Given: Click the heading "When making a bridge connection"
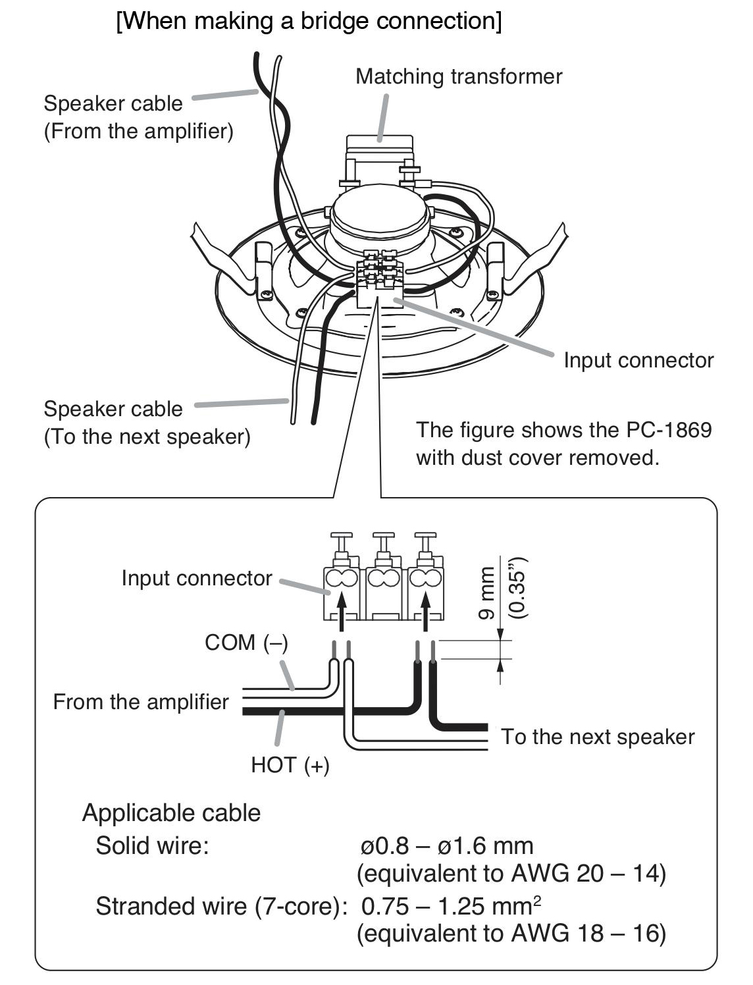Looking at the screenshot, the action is pos(309,21).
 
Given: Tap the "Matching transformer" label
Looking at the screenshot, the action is pos(458,76).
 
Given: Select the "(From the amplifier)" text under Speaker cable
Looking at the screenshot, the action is pos(139,132).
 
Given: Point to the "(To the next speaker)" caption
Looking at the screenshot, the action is pos(147,437).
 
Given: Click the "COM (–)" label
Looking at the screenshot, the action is pos(246,643).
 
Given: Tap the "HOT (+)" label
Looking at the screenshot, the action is pos(290,765).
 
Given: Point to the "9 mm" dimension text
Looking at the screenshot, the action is pos(486,593).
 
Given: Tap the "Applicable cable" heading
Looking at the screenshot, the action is pos(171,813).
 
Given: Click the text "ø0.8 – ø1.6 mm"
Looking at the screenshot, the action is pos(447,846).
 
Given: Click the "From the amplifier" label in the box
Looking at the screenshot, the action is pos(141,702).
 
